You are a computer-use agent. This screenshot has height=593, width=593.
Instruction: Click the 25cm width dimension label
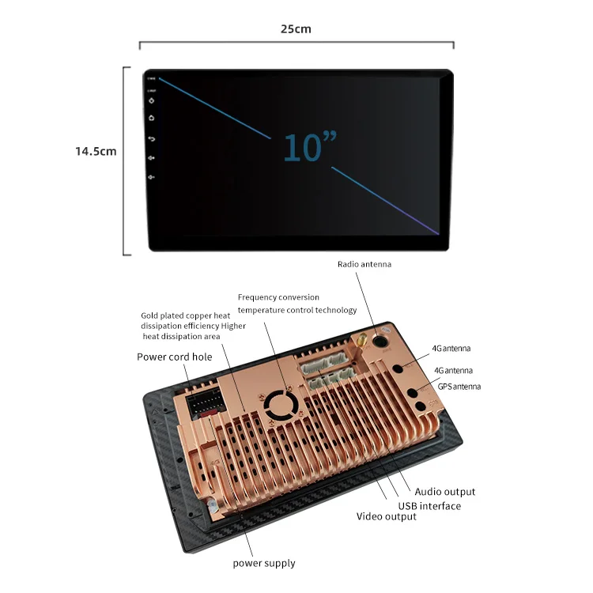click(296, 29)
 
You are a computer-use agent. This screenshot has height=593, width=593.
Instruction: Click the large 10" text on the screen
click(309, 148)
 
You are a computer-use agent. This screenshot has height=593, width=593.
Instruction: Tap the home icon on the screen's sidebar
click(152, 119)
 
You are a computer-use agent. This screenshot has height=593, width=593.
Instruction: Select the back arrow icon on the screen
click(152, 139)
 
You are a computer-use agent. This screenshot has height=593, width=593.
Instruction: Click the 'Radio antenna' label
click(364, 264)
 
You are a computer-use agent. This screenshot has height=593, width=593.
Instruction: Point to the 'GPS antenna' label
click(459, 387)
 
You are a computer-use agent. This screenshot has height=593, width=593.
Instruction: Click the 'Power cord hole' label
click(175, 357)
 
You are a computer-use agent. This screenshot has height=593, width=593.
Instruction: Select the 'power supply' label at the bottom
click(264, 563)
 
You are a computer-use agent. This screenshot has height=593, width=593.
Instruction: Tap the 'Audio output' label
click(445, 492)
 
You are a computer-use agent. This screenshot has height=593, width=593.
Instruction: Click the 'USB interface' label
click(429, 505)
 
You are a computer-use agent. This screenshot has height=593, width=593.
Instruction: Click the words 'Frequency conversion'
click(278, 297)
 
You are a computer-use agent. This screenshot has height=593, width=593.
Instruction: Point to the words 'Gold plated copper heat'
click(186, 315)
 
